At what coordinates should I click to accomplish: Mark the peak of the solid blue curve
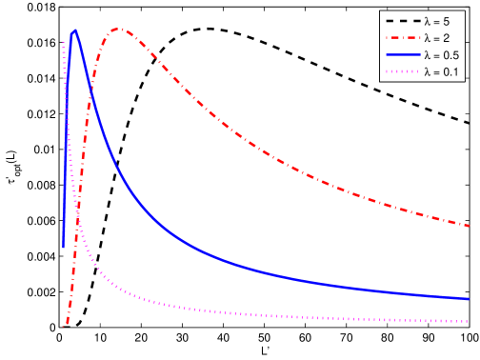point(74,30)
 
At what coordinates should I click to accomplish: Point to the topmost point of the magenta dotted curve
point(64,42)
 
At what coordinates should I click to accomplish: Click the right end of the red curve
point(470,226)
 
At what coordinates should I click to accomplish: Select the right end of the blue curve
point(470,299)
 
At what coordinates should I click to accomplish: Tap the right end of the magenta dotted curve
point(470,321)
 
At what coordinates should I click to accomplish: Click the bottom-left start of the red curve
point(64,327)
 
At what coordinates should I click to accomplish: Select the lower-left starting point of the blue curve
point(64,248)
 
